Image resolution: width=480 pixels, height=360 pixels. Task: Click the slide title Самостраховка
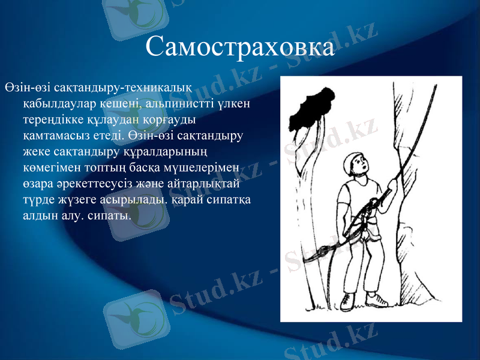pos(240,46)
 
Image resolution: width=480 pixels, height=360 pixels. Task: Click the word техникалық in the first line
pos(157,87)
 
